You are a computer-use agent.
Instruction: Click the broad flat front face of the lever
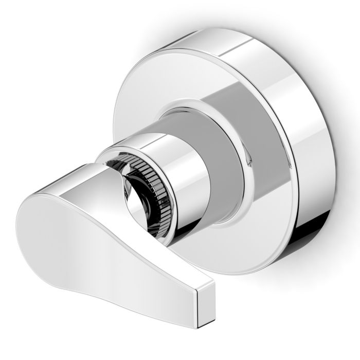point(93,247)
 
